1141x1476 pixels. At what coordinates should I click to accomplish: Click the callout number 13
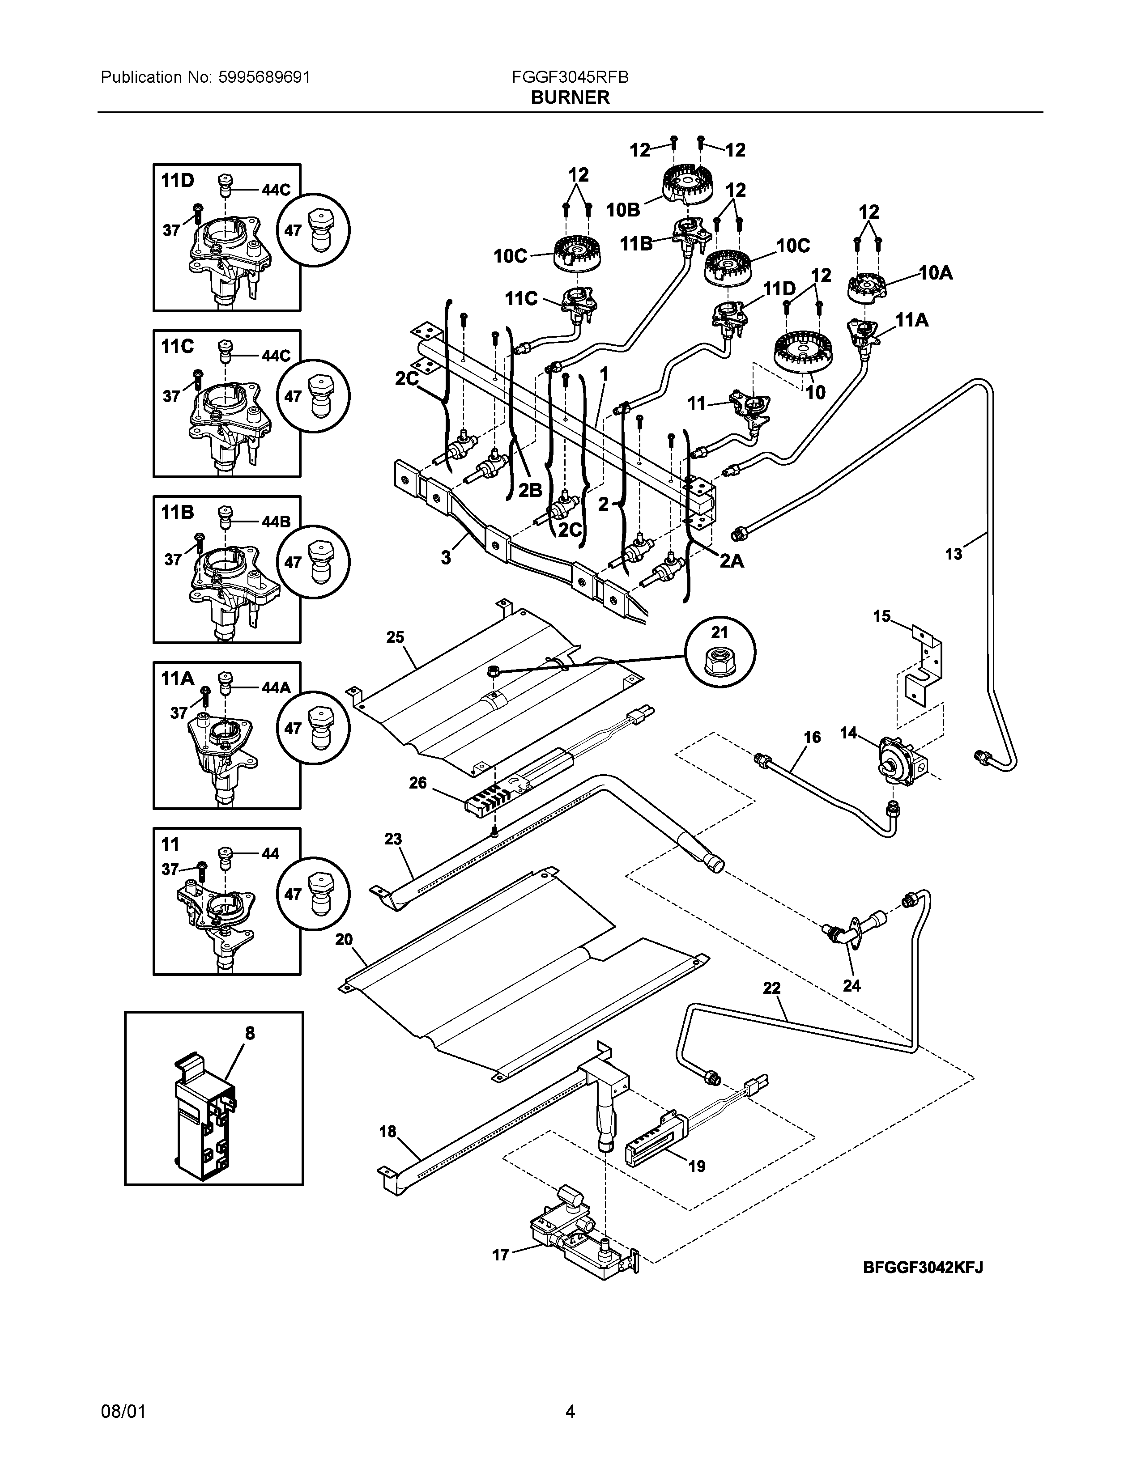954,554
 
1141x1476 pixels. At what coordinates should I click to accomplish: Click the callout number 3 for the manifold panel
446,558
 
